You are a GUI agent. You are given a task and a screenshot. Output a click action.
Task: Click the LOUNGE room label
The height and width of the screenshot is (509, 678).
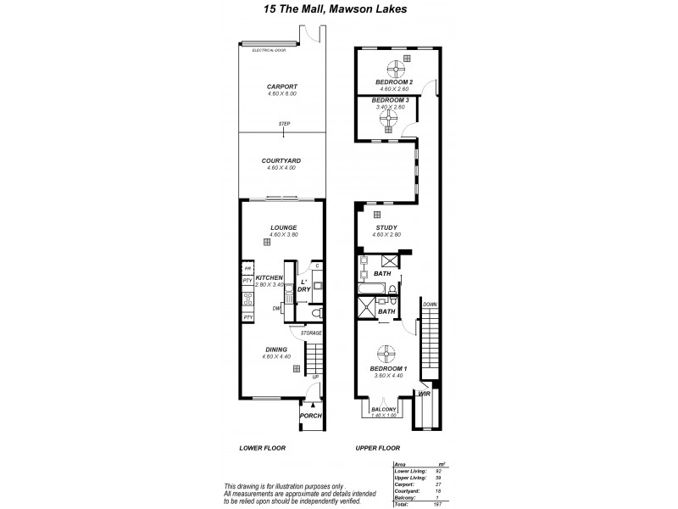click(282, 227)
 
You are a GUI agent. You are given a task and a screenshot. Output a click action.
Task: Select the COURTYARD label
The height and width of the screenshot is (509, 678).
click(283, 160)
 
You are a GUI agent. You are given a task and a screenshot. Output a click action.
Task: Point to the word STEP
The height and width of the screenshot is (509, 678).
click(285, 125)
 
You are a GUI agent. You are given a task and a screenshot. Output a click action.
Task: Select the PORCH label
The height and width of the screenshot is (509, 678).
click(310, 416)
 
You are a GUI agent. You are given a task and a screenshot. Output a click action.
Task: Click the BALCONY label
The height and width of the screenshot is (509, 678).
click(386, 409)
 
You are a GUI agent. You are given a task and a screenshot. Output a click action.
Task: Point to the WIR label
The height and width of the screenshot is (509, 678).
click(425, 394)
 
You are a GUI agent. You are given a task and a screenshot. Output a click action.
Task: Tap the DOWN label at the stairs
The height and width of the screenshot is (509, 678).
click(431, 304)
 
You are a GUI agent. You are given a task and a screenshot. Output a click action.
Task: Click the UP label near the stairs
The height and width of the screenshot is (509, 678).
click(314, 376)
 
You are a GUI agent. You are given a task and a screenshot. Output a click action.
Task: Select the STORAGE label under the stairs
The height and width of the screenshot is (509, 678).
click(310, 333)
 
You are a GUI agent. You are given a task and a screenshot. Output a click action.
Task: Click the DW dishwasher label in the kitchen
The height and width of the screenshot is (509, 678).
click(276, 309)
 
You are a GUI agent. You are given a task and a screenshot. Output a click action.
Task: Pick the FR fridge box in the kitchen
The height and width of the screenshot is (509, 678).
click(247, 269)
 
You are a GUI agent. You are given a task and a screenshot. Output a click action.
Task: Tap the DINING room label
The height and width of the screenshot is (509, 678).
click(275, 350)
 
